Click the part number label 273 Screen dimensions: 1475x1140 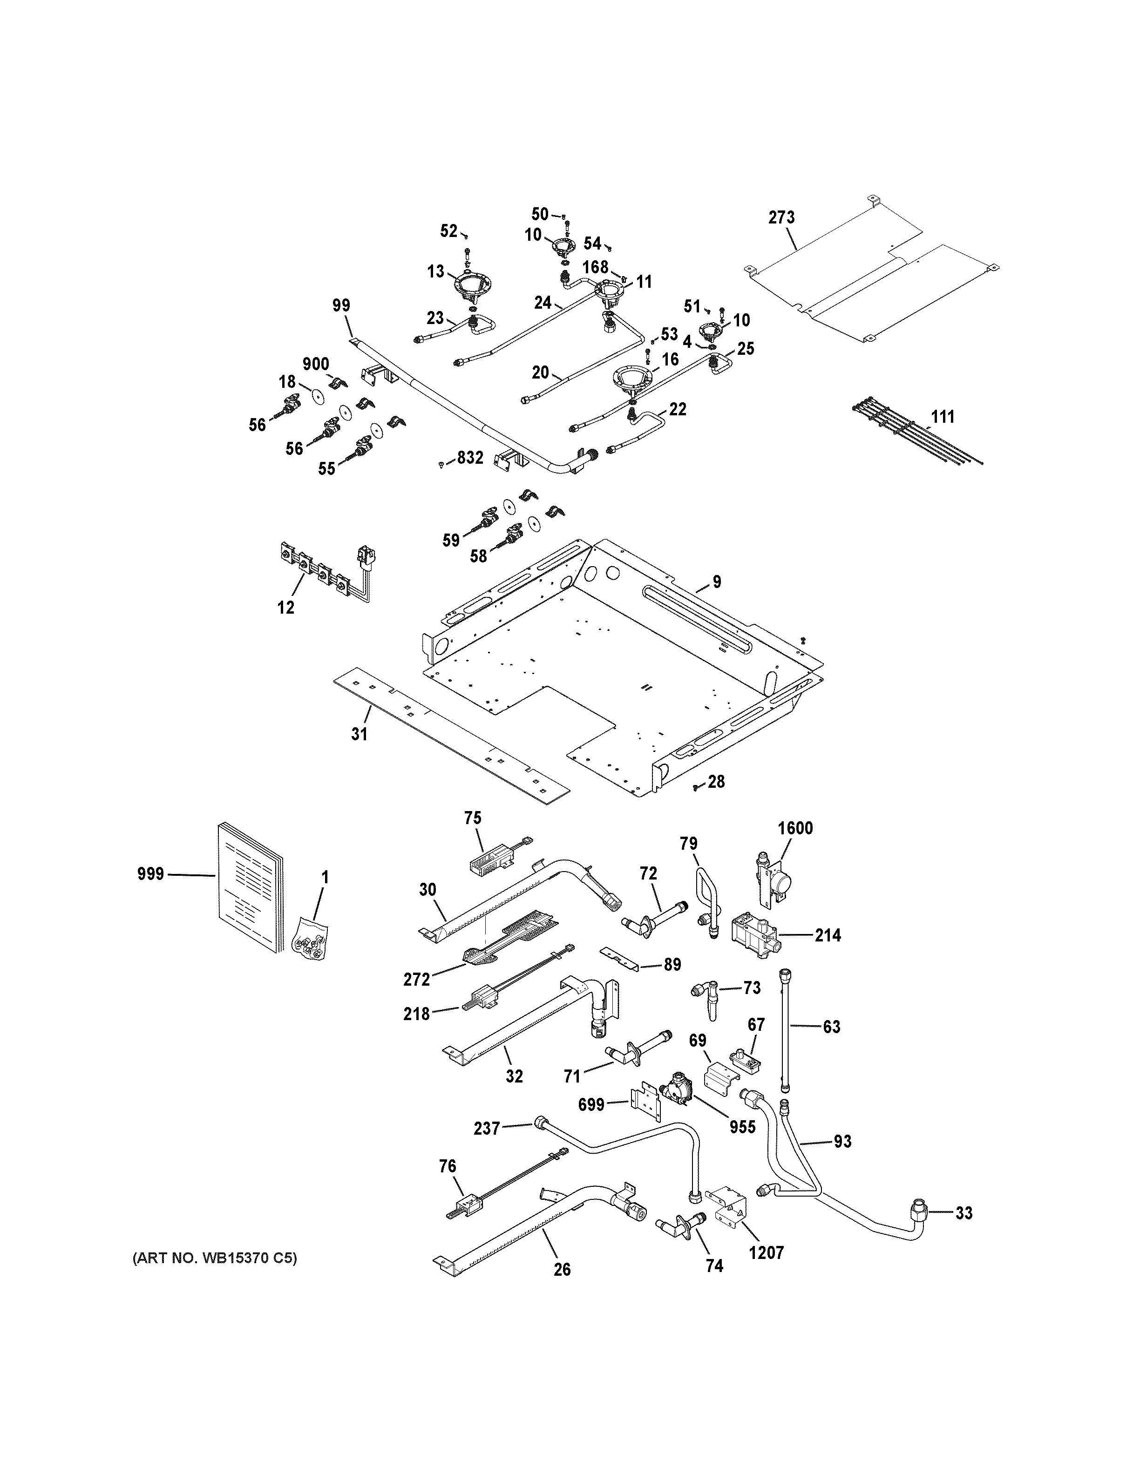781,217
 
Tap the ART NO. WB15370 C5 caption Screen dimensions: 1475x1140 214,1258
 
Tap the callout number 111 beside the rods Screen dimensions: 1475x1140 943,417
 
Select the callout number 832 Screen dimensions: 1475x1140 470,458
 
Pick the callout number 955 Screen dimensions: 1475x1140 742,1127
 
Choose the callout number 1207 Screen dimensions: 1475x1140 767,1253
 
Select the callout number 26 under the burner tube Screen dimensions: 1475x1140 562,1270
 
